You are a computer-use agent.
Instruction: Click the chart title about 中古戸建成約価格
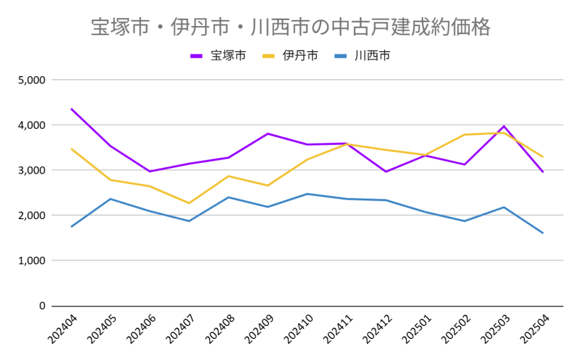click(290, 27)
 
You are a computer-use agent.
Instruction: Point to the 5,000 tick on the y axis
click(32, 79)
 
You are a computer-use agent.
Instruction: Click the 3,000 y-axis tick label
click(32, 170)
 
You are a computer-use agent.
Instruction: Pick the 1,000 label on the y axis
click(32, 261)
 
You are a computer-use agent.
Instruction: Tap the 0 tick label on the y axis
click(41, 306)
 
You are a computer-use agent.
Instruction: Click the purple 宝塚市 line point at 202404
click(71, 108)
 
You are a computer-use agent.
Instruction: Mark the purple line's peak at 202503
click(504, 126)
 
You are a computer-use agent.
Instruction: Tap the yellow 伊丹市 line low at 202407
click(189, 203)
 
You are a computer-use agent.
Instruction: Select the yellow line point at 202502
click(465, 135)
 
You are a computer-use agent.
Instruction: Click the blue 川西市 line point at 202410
click(307, 194)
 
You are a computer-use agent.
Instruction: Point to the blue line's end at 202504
click(543, 233)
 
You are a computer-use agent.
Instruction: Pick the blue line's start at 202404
click(71, 227)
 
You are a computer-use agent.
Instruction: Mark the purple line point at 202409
click(268, 133)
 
